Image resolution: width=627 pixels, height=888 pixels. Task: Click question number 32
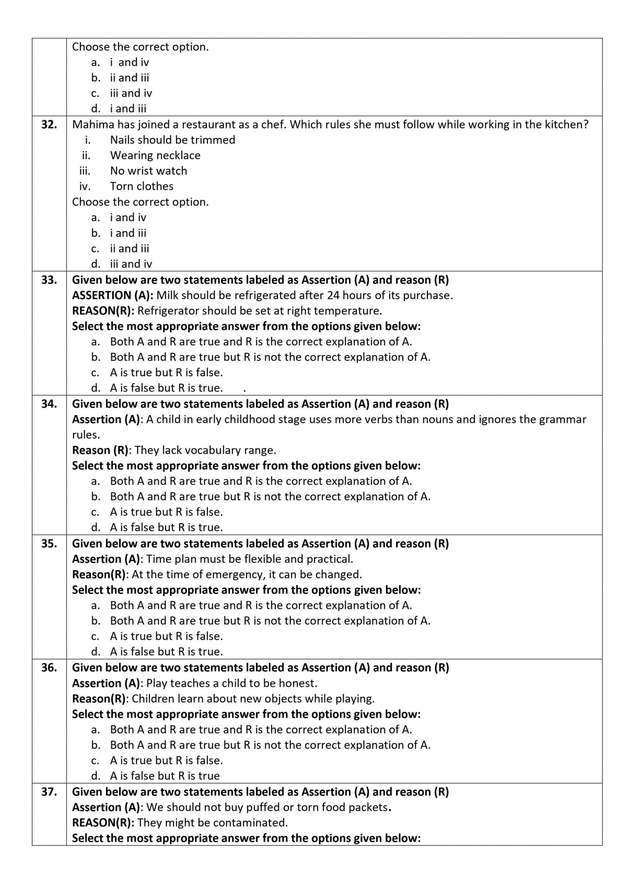tap(49, 125)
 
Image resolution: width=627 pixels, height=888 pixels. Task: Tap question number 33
tap(49, 280)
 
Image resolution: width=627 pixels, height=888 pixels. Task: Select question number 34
tap(49, 404)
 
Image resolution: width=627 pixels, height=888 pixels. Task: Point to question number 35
tap(49, 544)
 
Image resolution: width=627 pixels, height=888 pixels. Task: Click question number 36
tap(49, 668)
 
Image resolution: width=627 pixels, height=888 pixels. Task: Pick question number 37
tap(49, 792)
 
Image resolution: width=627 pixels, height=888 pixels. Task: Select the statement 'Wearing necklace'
tap(155, 156)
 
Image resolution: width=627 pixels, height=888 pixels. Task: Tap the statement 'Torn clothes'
tap(142, 187)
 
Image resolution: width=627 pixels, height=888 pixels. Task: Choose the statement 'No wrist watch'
tap(148, 171)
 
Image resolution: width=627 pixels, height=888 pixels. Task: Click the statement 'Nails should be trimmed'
tap(172, 140)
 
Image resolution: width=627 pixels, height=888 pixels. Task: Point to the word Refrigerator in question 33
tap(168, 311)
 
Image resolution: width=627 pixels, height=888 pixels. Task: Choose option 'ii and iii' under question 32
tap(129, 249)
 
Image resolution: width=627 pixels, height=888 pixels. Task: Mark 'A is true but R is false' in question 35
tap(166, 637)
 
